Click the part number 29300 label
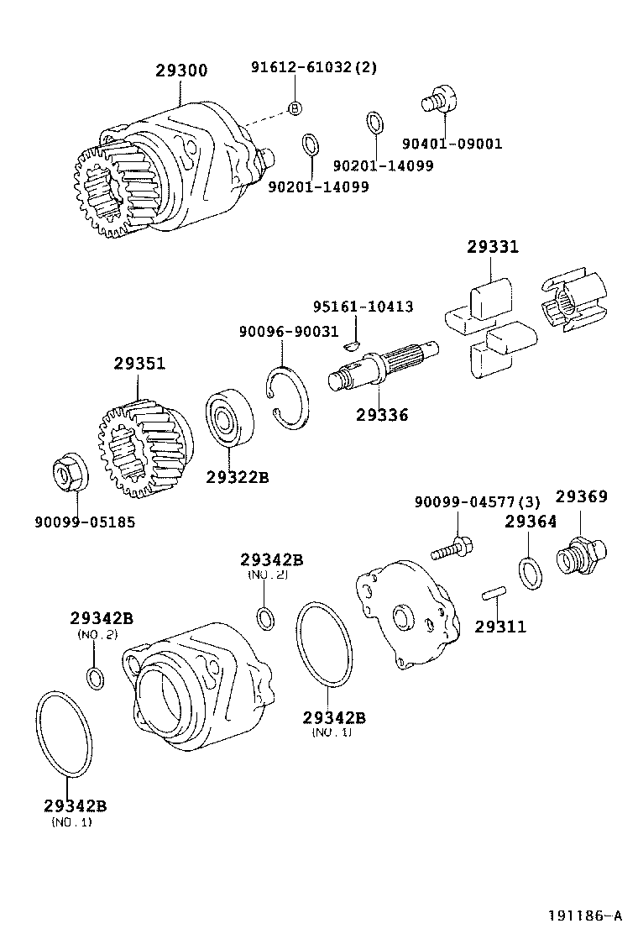180,71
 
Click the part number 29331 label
493,247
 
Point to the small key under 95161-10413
353,343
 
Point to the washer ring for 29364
531,573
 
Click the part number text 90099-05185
85,522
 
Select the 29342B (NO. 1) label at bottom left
75,806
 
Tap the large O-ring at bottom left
63,732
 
